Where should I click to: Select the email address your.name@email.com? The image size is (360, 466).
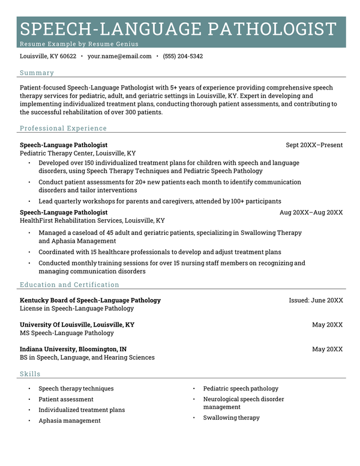coord(119,56)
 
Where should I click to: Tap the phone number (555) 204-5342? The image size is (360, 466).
coord(184,56)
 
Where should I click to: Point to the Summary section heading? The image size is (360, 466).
coord(37,73)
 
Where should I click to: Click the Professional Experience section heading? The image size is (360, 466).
coord(63,128)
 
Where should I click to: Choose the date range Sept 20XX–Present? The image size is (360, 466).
coord(314,145)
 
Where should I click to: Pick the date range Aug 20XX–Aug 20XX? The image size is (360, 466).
coord(311,213)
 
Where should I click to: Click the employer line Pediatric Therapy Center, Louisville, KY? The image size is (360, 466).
coord(78,153)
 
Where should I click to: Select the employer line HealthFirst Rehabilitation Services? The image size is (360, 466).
coord(92,220)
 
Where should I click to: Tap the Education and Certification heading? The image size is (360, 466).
coord(69,285)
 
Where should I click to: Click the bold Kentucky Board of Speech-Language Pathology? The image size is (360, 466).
coord(90,300)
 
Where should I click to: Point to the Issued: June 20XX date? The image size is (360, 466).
coord(316,300)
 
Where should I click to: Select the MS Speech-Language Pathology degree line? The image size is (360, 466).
coord(67,333)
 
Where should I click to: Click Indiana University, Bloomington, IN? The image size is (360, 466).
coord(73,349)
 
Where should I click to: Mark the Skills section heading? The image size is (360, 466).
coord(30,374)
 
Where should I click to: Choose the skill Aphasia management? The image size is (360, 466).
coord(70,420)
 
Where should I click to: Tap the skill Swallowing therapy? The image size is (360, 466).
coord(231,417)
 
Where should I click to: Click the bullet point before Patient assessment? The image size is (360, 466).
coord(29,399)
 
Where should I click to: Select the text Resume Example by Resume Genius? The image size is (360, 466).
coord(79,44)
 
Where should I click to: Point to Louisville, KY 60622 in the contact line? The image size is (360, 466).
coord(48,56)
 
